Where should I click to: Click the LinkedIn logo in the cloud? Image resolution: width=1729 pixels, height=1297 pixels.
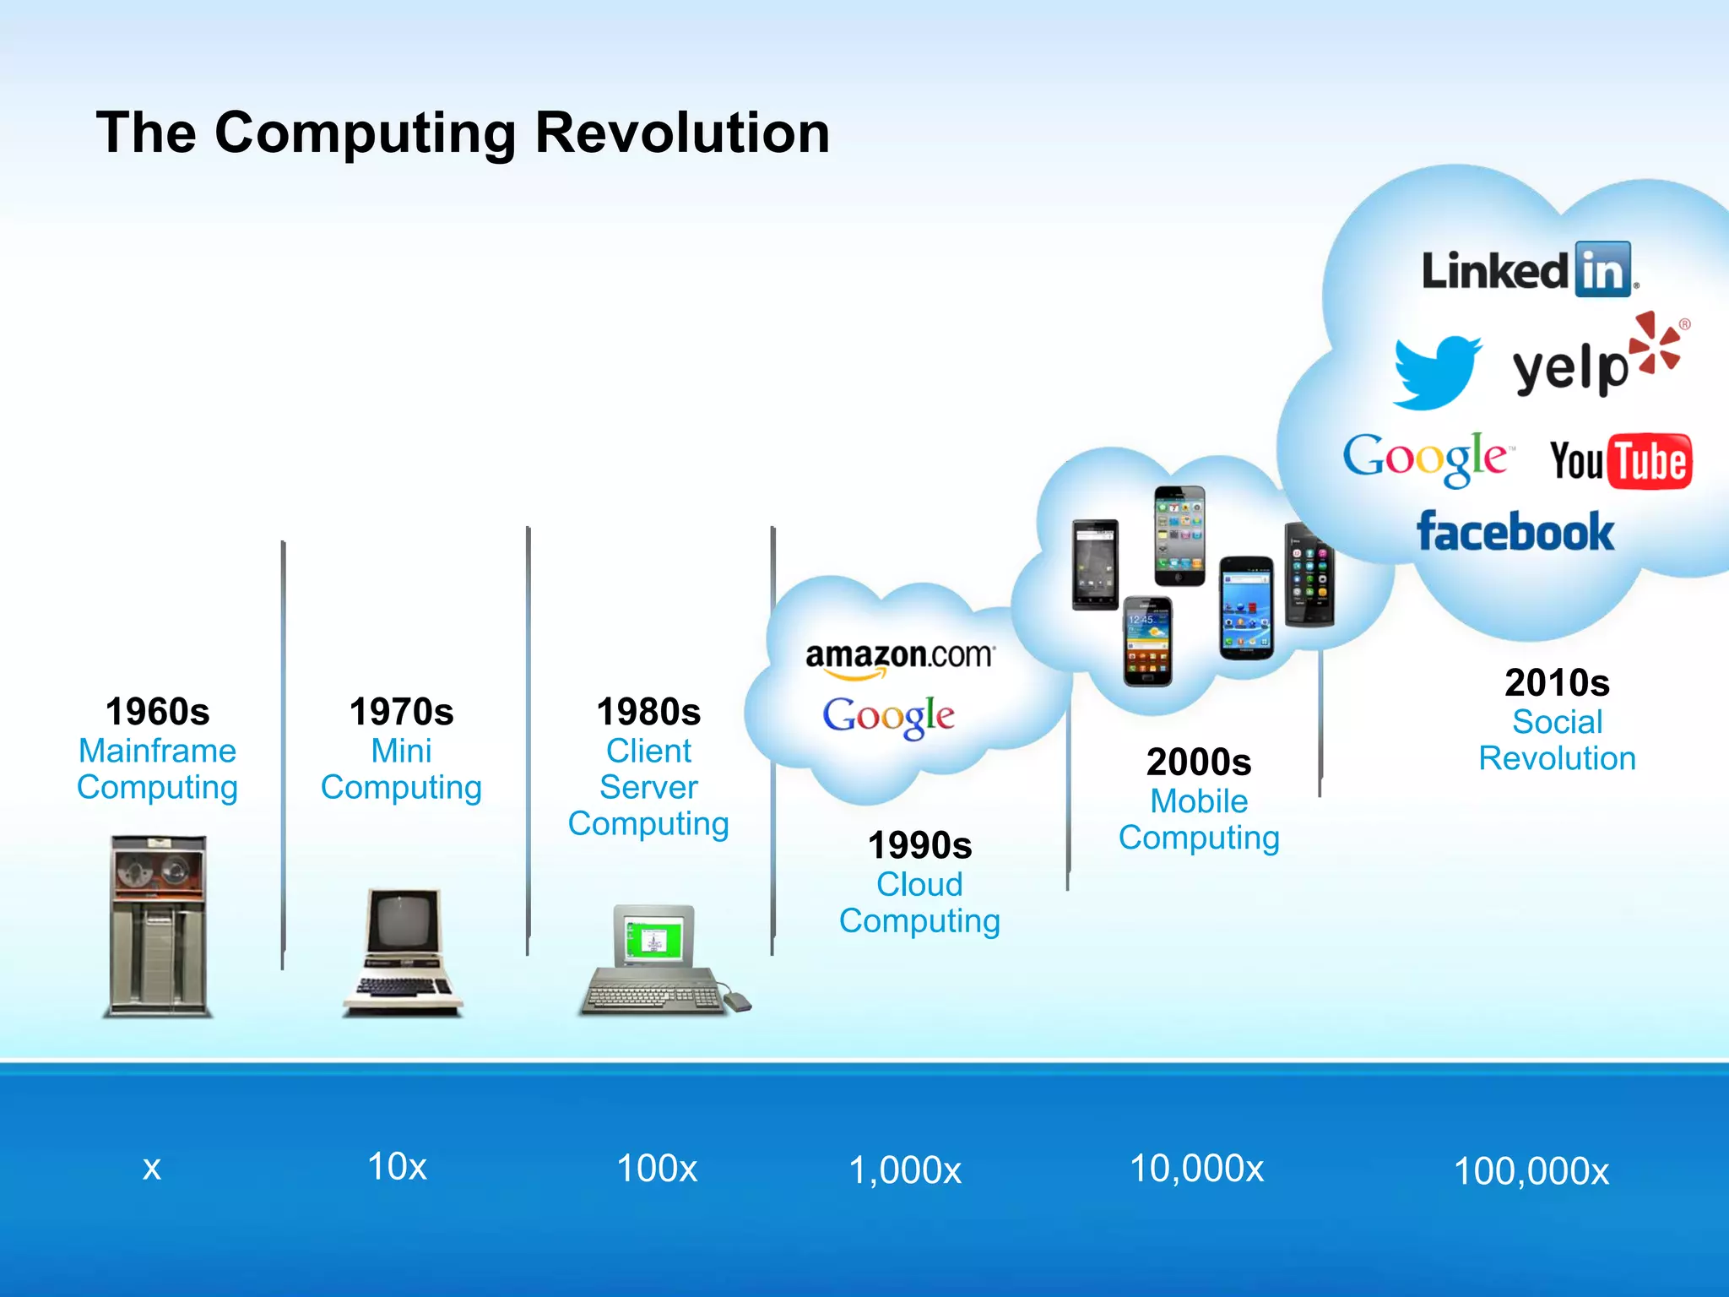click(1528, 270)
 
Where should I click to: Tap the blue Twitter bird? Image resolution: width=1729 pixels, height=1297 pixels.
click(1435, 372)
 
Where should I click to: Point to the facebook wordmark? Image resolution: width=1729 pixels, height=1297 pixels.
click(1515, 532)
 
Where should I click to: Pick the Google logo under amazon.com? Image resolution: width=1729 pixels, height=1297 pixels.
click(888, 717)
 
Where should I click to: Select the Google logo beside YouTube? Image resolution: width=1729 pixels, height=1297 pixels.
click(1425, 458)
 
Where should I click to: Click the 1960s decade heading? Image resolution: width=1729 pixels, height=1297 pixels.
click(158, 712)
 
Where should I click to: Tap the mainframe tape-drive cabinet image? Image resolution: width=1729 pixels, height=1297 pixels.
click(158, 925)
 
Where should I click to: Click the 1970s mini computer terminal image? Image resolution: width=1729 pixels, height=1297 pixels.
click(403, 952)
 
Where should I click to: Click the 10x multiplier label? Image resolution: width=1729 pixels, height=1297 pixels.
click(397, 1167)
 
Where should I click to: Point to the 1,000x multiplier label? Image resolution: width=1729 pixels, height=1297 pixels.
click(904, 1170)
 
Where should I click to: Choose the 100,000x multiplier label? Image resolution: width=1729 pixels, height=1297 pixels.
click(1531, 1172)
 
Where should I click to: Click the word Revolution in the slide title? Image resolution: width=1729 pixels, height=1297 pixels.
click(682, 133)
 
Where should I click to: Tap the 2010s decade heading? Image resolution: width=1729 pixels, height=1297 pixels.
click(1557, 682)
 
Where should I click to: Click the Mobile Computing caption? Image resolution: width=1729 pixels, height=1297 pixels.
click(1199, 819)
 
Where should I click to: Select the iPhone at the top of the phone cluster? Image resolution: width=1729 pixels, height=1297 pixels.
click(1179, 535)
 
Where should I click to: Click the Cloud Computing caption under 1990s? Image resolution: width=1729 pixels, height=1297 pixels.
click(919, 903)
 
